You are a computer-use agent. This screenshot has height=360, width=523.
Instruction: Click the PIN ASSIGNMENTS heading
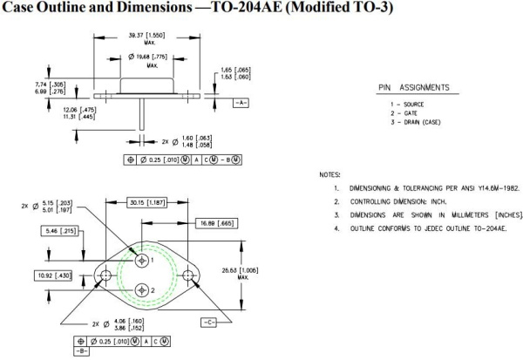[x=412, y=88]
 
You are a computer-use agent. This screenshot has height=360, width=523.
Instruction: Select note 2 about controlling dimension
[x=396, y=201]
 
